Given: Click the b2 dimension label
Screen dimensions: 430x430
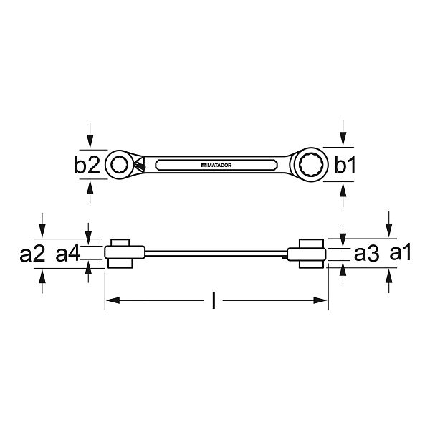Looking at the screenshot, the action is pos(87,165).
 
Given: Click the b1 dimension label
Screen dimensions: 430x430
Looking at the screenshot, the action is pos(345,165).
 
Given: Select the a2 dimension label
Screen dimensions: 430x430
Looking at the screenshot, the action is pos(32,254).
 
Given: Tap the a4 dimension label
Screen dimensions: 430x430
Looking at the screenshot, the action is pos(68,254).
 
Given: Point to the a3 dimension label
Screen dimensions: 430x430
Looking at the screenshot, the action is pos(367,254).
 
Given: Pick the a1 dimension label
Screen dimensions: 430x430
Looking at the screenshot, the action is pos(401,253).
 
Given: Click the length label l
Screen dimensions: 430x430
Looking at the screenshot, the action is pos(214,300).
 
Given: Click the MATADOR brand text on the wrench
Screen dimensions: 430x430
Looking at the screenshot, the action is pos(216,166).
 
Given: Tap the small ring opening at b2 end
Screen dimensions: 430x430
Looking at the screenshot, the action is pos(119,165).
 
